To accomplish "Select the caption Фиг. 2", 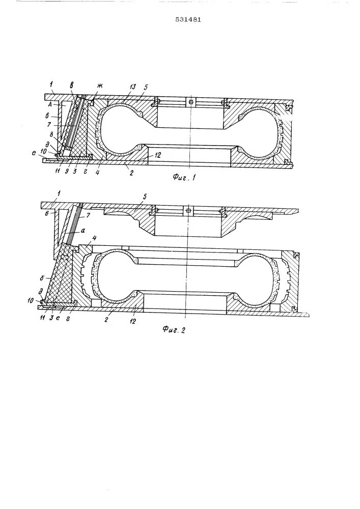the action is click(x=175, y=329).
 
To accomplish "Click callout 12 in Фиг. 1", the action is click(x=158, y=156).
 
